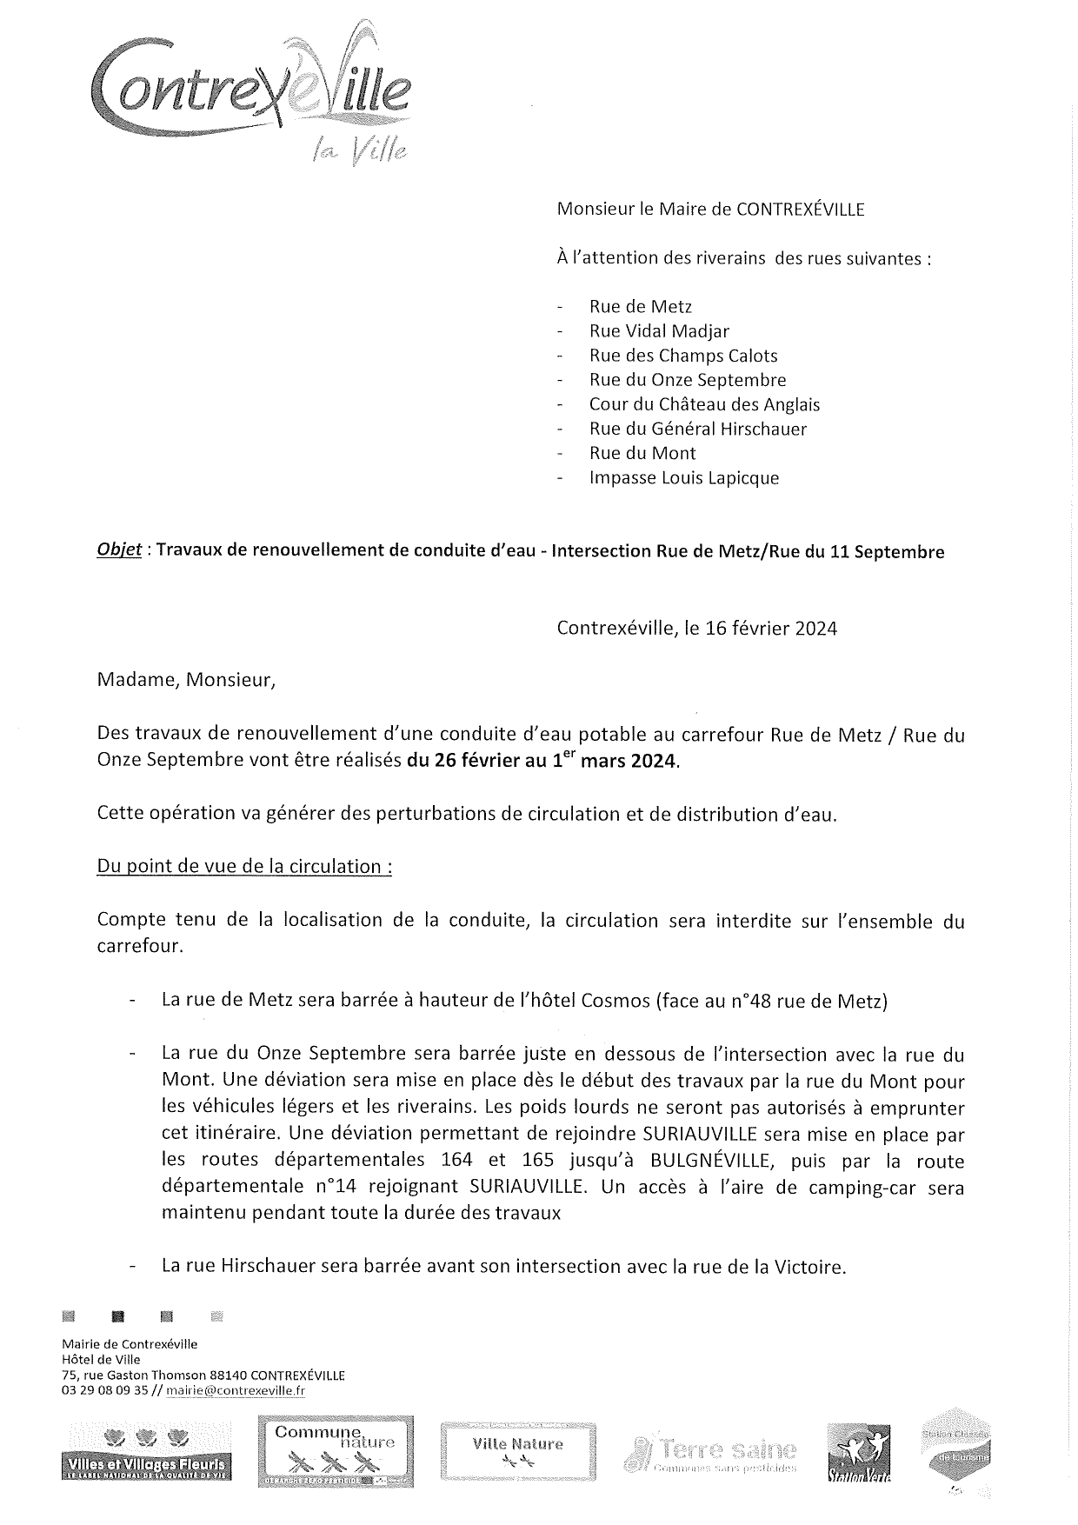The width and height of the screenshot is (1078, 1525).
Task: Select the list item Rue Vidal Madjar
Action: (659, 331)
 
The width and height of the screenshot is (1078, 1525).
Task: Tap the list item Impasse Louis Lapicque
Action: (683, 477)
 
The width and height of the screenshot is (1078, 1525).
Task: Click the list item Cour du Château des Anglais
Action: (704, 404)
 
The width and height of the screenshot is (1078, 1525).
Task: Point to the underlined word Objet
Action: (119, 551)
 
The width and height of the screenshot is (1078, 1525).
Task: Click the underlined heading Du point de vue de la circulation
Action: (244, 867)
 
